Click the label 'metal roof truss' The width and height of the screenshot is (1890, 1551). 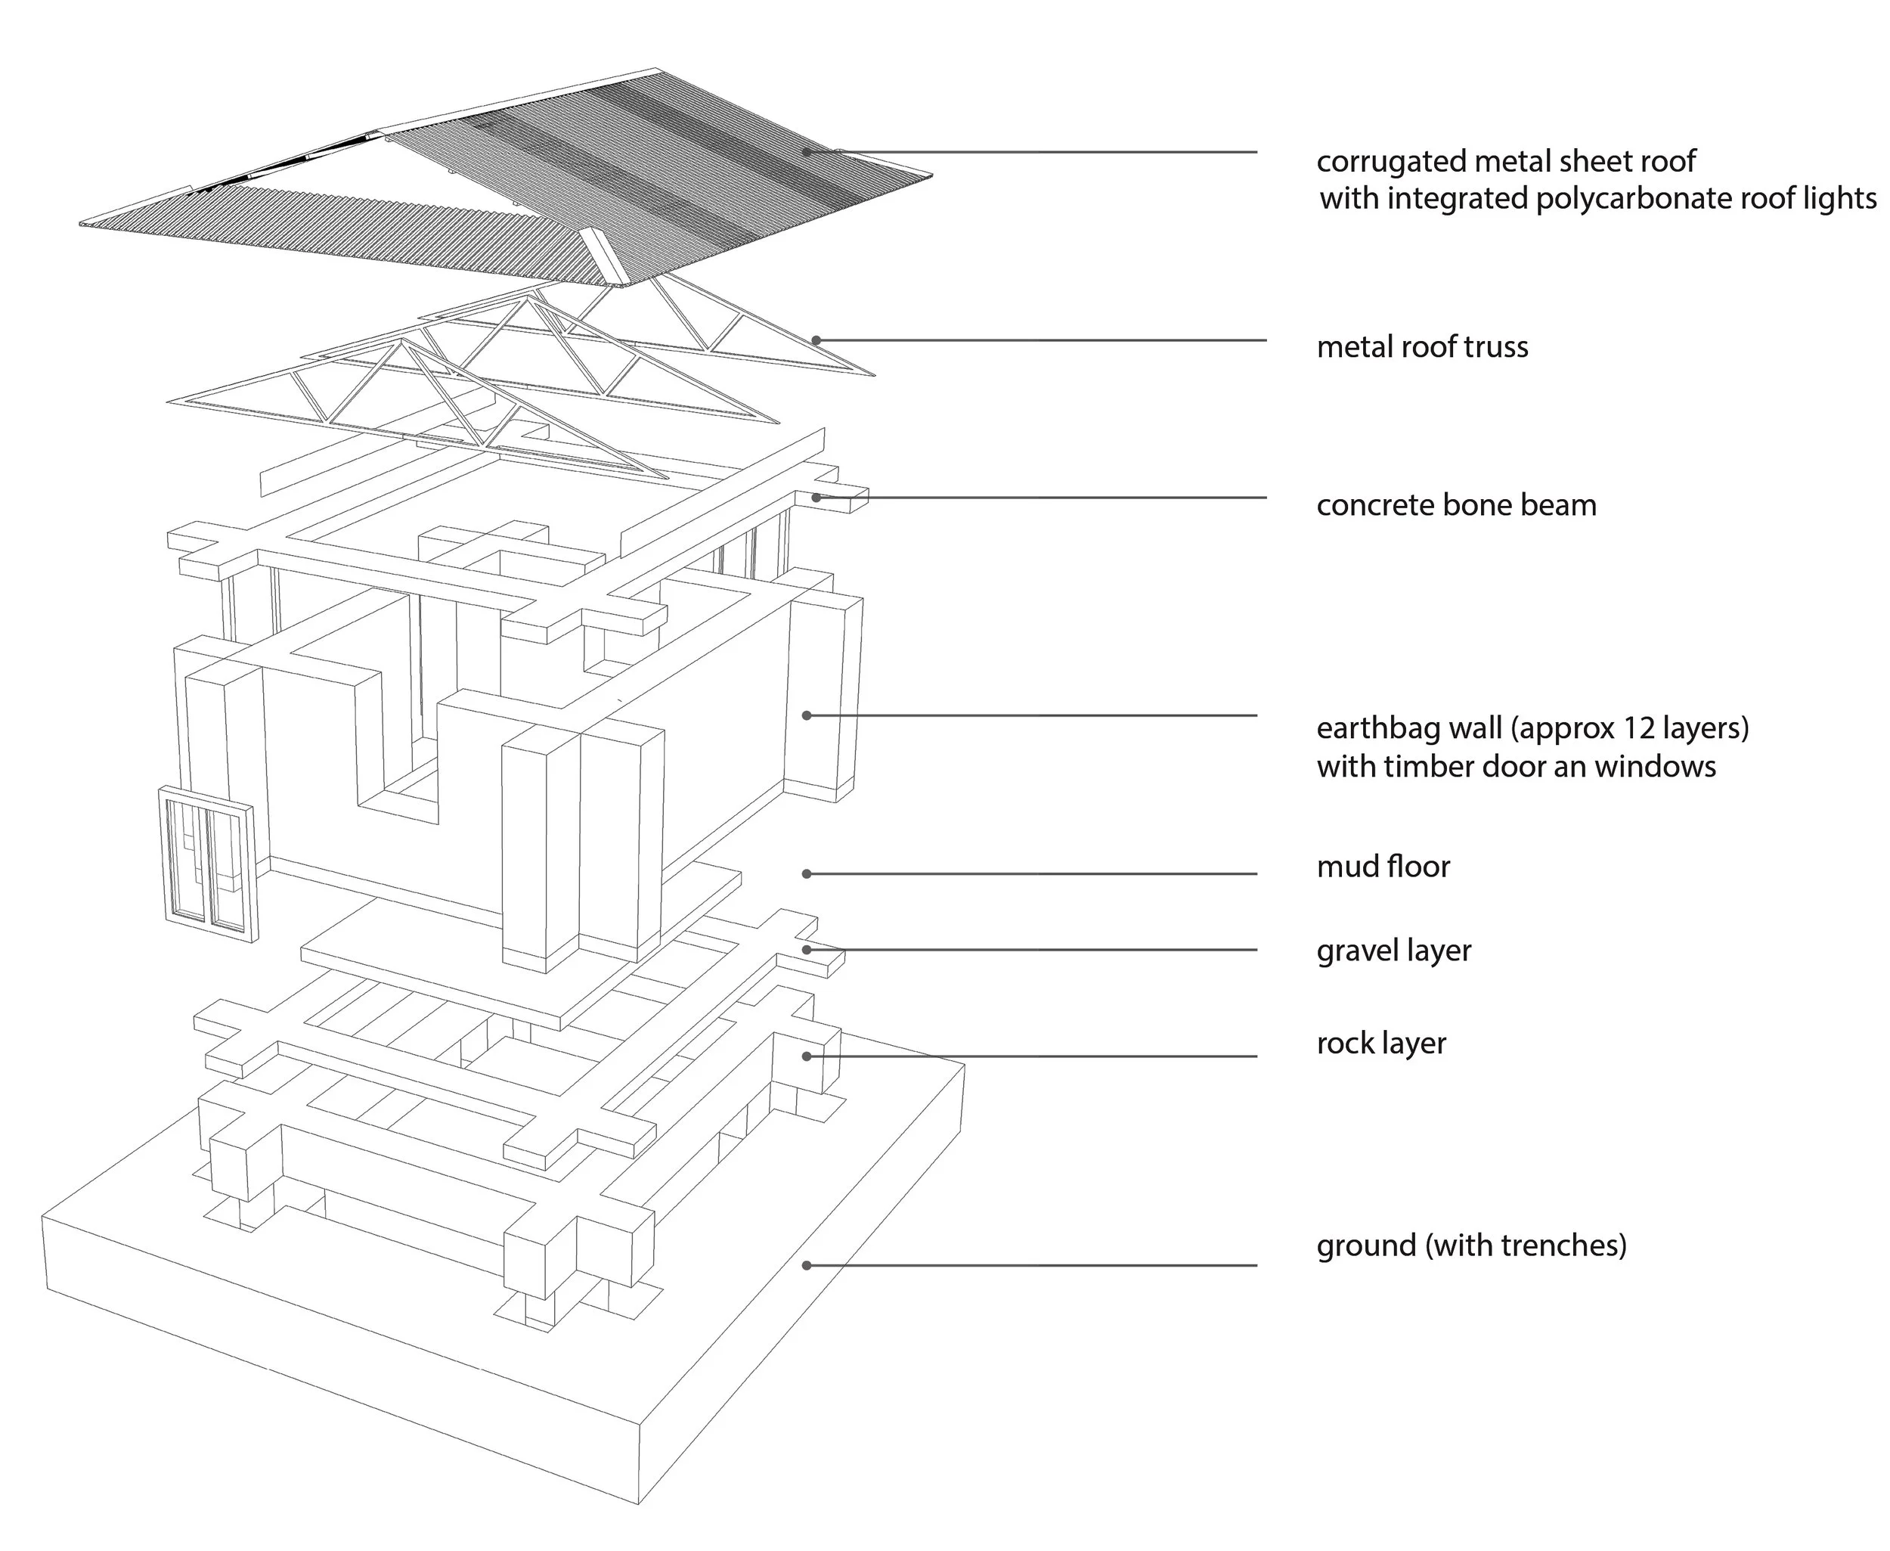click(1422, 346)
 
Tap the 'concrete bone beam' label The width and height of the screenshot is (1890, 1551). click(1456, 505)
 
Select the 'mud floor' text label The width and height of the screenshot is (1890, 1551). click(1383, 866)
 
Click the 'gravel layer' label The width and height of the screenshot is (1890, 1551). click(1393, 950)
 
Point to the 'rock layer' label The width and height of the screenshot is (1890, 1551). click(1381, 1043)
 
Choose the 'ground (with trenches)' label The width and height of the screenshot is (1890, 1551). click(1471, 1245)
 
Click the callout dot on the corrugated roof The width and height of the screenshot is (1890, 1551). click(807, 152)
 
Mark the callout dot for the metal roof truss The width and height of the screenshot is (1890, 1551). click(816, 340)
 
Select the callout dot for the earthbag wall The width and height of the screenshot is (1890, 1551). click(807, 715)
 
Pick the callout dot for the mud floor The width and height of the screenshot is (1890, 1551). click(807, 873)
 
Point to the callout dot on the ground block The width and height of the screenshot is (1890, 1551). click(807, 1265)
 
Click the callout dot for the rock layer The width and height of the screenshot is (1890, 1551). click(807, 1056)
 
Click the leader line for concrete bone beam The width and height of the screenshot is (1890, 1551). click(1036, 498)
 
